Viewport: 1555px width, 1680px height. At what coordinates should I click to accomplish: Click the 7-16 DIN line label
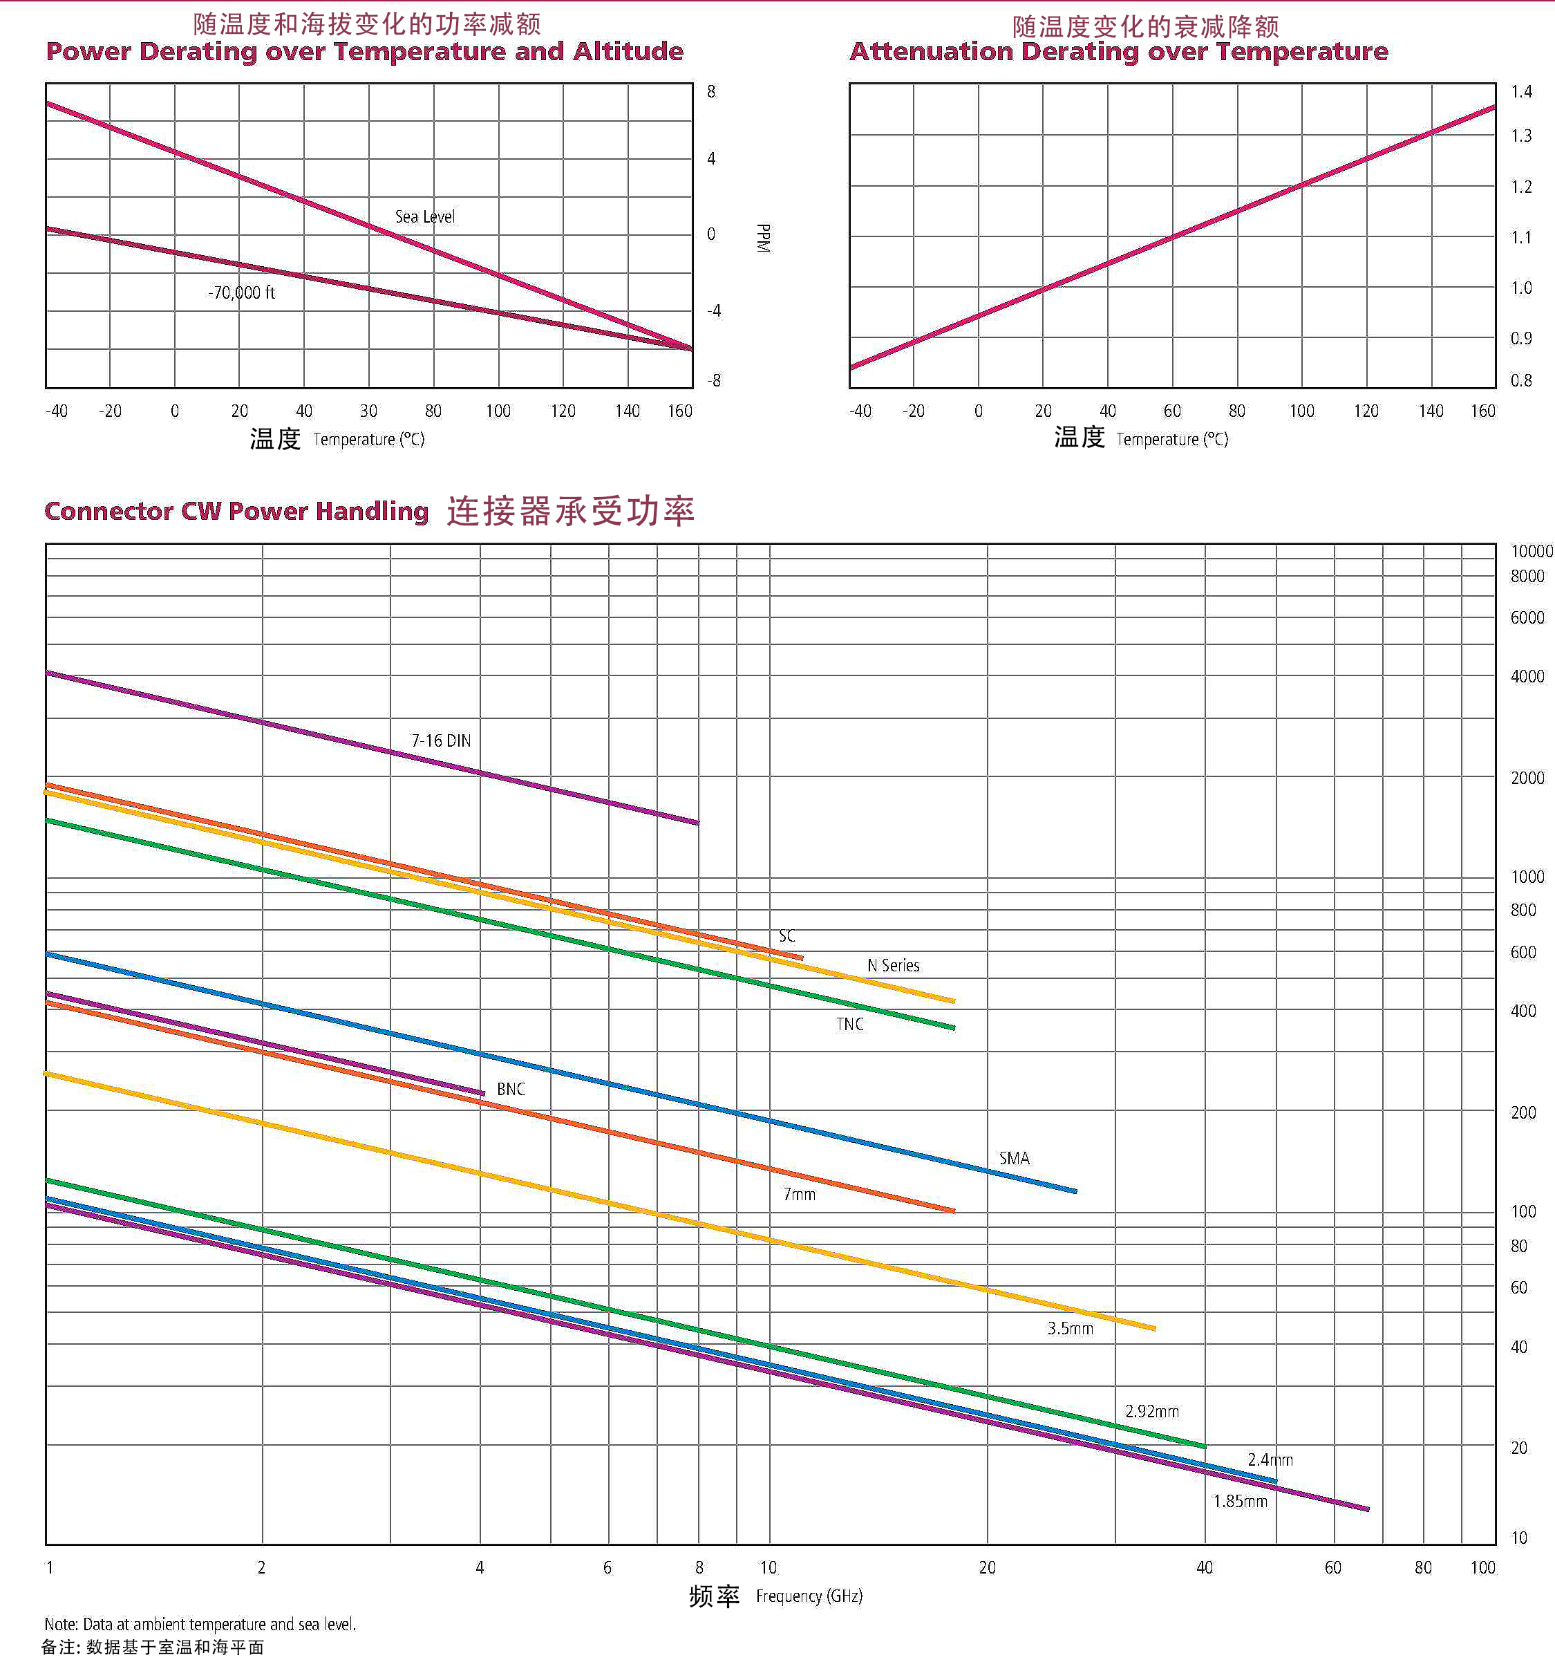(x=440, y=740)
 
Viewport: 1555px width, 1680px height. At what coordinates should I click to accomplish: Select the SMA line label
(x=1014, y=1158)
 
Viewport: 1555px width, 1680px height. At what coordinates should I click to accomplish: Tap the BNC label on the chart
(x=510, y=1089)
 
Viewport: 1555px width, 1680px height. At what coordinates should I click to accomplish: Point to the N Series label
(x=893, y=965)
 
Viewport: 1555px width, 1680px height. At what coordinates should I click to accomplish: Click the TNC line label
(x=850, y=1025)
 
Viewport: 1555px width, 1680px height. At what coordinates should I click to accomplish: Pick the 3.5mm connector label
(x=1069, y=1329)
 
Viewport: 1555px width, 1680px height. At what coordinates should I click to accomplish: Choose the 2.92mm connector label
(x=1152, y=1412)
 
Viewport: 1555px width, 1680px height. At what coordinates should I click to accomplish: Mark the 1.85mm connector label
(x=1239, y=1502)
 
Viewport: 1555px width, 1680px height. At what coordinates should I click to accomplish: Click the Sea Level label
(x=425, y=217)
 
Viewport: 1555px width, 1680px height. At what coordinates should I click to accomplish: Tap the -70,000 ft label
(x=241, y=293)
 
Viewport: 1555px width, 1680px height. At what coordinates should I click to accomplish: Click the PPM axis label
(x=763, y=239)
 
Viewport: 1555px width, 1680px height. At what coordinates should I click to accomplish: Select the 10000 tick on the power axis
(x=1532, y=551)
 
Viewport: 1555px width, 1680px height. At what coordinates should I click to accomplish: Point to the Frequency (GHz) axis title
(x=809, y=1596)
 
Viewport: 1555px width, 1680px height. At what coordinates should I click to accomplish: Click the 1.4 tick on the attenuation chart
(x=1521, y=92)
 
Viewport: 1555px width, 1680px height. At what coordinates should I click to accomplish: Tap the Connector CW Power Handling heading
(x=236, y=511)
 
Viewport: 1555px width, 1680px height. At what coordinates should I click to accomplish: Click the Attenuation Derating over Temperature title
(x=1118, y=52)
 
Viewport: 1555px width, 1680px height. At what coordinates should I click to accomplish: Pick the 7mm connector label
(x=800, y=1195)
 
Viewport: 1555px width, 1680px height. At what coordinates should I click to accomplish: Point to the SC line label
(x=786, y=936)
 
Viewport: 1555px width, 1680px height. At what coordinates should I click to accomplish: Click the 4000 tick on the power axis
(x=1527, y=677)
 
